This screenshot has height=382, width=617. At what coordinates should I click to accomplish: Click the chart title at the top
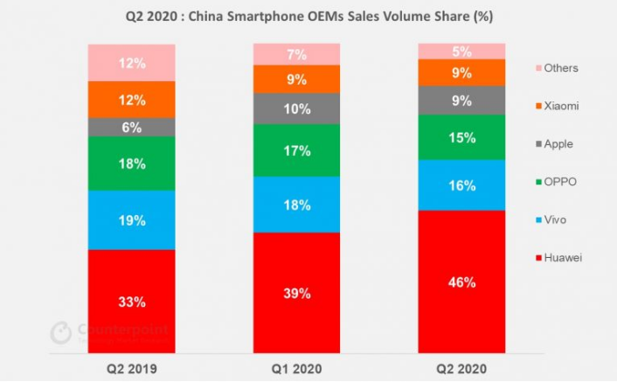click(x=308, y=17)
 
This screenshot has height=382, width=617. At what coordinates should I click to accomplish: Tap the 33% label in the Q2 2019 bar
click(x=131, y=302)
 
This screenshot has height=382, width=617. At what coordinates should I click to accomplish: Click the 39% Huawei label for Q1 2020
click(x=296, y=294)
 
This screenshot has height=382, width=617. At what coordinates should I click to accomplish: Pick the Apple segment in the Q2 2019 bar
click(x=131, y=127)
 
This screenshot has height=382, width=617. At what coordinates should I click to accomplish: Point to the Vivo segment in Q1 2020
click(x=296, y=205)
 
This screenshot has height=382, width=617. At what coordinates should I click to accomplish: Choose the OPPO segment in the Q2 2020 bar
click(x=461, y=137)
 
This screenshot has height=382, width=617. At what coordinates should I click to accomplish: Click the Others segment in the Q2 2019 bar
click(x=131, y=62)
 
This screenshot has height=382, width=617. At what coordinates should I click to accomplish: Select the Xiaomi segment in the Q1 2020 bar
click(x=296, y=79)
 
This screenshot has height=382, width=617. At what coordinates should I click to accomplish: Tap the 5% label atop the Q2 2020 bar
click(x=461, y=51)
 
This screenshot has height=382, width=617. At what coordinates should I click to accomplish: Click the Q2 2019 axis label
click(x=131, y=368)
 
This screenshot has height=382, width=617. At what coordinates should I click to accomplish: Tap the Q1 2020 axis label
click(x=296, y=368)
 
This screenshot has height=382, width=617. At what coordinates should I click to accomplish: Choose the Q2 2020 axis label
click(x=461, y=368)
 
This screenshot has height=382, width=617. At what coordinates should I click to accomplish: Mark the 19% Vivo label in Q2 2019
click(x=131, y=220)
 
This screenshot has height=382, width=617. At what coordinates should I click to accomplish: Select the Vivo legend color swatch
click(x=534, y=220)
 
